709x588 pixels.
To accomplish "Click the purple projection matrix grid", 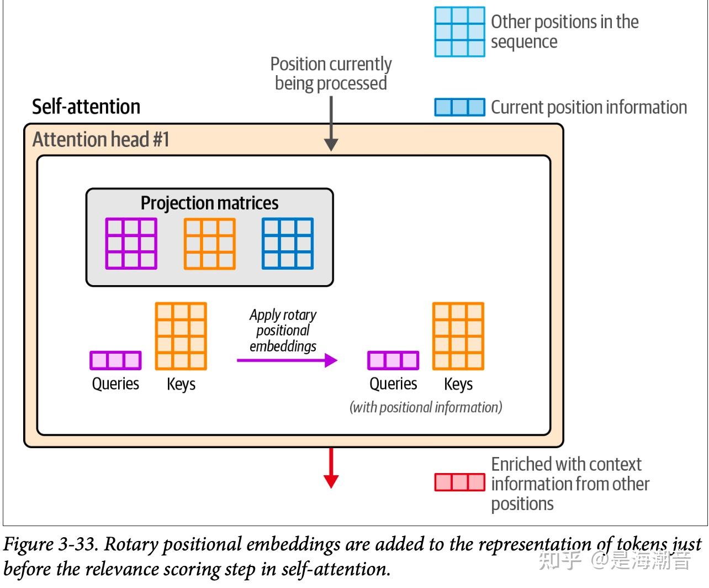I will point(131,244).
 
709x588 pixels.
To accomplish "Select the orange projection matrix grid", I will point(210,244).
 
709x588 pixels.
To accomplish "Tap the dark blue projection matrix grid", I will point(288,244).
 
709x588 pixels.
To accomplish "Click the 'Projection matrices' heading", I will point(209,203).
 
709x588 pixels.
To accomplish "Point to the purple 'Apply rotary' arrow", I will point(287,360).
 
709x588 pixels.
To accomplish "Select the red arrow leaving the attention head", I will point(331,468).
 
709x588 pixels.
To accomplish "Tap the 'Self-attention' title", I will point(86,107).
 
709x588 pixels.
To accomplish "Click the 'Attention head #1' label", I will point(100,139).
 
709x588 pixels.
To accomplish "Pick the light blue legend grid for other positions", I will point(459,32).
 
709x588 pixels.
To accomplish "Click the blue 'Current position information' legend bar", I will point(459,107).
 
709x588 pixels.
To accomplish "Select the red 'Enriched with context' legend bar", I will point(459,482).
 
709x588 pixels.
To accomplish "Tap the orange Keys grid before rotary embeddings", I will point(181,336).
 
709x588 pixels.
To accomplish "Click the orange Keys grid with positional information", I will point(458,336).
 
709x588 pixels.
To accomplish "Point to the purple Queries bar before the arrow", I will point(115,360).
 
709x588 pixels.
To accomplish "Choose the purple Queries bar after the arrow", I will point(393,360).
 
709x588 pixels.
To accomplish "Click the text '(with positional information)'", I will point(426,407).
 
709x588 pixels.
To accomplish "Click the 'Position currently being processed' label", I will point(331,73).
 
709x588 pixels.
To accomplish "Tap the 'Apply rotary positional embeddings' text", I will point(283,330).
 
